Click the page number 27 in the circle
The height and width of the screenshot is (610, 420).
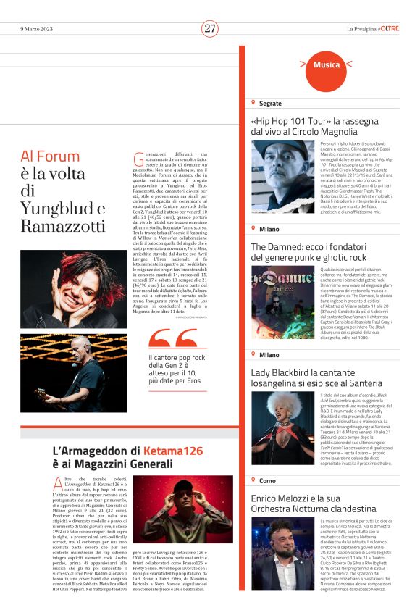point(210,28)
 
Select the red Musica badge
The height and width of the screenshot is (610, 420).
point(327,64)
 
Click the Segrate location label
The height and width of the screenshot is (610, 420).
point(269,104)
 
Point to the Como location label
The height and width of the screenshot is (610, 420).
point(267,480)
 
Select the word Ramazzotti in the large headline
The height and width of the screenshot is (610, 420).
point(64,227)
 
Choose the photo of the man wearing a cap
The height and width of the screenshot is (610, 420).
point(283,176)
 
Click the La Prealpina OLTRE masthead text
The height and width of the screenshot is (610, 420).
point(372,28)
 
